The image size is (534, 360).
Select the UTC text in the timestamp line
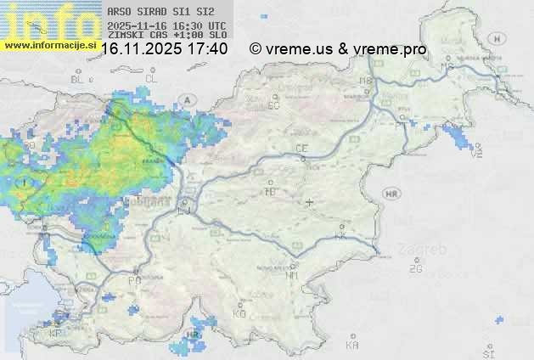point(216,26)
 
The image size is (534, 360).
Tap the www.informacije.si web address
point(48,45)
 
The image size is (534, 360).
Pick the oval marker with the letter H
point(502,38)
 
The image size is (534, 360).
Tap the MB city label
point(367,82)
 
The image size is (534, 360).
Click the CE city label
point(301,149)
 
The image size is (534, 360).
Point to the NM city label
point(292,275)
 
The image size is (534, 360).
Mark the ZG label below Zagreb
point(415,269)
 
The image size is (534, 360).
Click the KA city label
point(352,345)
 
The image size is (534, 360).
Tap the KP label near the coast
point(55,334)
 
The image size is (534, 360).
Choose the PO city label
point(134,280)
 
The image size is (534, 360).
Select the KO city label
point(239,313)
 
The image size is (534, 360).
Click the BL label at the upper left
point(78,79)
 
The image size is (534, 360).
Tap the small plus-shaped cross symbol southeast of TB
point(310,202)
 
